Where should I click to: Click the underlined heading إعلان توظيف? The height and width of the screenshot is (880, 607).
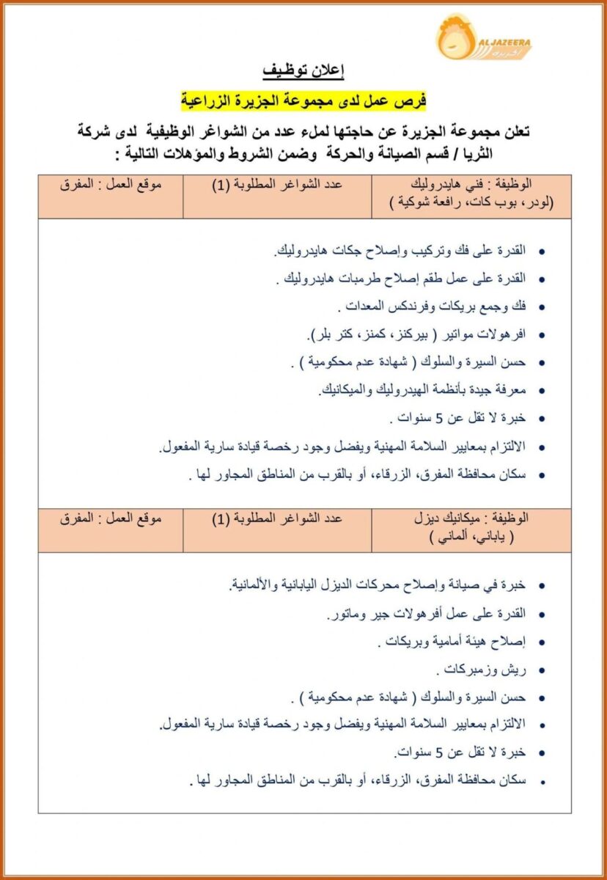coord(303,71)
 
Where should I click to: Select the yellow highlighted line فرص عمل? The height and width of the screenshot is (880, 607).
coord(303,99)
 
